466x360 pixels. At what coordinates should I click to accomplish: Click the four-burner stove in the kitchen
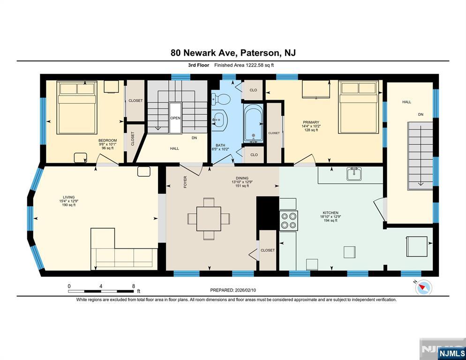pos(289,220)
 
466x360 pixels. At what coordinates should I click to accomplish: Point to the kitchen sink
pos(353,174)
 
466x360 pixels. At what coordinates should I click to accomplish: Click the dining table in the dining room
pos(209,219)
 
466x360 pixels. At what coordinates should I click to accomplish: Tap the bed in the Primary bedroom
pos(359,107)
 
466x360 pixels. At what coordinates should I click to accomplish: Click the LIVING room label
pos(68,197)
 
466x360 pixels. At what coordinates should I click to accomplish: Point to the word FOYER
pos(185,182)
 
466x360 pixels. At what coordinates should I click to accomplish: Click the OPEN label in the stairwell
pos(175,118)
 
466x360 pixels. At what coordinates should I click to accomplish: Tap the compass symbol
pos(424,287)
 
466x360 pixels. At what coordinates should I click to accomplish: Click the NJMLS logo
pos(451,353)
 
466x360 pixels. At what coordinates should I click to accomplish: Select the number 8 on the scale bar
pos(134,286)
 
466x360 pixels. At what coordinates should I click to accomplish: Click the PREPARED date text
pos(233,290)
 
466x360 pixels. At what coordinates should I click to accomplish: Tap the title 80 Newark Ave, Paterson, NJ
pos(233,53)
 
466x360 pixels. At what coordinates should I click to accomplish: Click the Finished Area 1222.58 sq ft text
pos(244,65)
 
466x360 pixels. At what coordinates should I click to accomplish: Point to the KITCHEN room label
pos(331,213)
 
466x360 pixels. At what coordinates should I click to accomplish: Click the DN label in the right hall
pos(421,114)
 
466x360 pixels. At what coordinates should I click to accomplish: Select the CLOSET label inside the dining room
pos(268,250)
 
